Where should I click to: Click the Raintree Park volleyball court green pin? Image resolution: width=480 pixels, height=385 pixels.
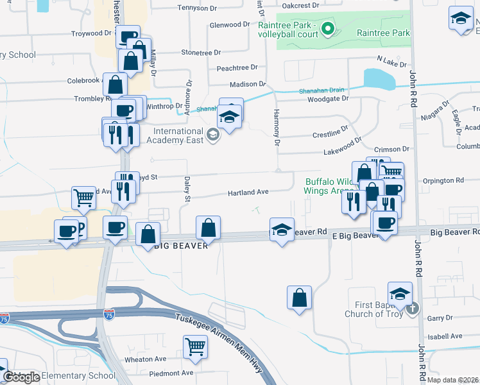tap(327, 28)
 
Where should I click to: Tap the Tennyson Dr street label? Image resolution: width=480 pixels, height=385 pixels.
tap(198, 8)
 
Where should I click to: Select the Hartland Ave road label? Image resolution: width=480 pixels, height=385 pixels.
tap(248, 192)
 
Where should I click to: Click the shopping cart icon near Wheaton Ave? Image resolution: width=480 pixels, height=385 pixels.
tap(195, 346)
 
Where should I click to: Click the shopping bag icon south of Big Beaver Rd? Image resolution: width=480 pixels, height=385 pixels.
tap(299, 297)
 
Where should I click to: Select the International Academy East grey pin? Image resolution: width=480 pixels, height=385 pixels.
tap(213, 135)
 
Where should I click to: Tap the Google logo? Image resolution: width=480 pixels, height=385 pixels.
tap(22, 377)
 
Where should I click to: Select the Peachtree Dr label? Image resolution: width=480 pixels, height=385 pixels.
tap(237, 67)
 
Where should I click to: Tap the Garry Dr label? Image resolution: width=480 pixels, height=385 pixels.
tap(440, 318)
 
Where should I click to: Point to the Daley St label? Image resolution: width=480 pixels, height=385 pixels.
tap(188, 191)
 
